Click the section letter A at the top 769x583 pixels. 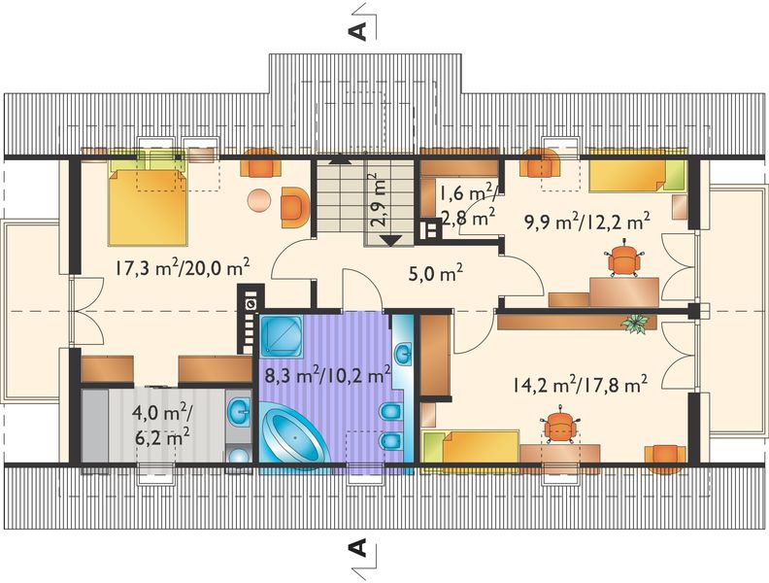358,28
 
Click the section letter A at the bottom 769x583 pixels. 358,550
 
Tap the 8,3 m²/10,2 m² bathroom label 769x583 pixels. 326,371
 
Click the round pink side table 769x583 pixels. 258,201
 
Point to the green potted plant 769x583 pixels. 636,324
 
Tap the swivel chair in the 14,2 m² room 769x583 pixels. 559,426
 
